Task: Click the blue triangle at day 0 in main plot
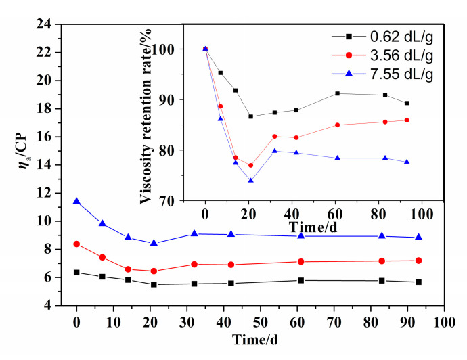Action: point(76,201)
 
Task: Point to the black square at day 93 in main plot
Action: point(419,282)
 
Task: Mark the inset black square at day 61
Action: point(337,93)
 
